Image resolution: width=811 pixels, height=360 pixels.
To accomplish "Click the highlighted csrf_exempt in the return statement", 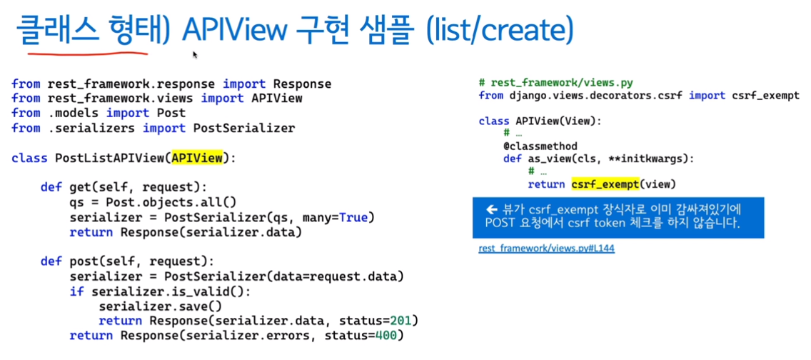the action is click(604, 184).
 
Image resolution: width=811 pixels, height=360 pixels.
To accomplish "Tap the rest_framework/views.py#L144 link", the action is click(546, 249).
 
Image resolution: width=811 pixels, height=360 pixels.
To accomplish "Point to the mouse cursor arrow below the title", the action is click(195, 55).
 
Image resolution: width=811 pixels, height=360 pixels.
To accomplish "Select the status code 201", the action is click(404, 320).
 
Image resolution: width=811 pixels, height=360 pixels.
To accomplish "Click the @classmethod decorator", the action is click(540, 146).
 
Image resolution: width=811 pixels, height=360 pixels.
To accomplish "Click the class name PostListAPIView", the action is click(109, 158).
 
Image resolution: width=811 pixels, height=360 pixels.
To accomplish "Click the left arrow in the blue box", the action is click(491, 210).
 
